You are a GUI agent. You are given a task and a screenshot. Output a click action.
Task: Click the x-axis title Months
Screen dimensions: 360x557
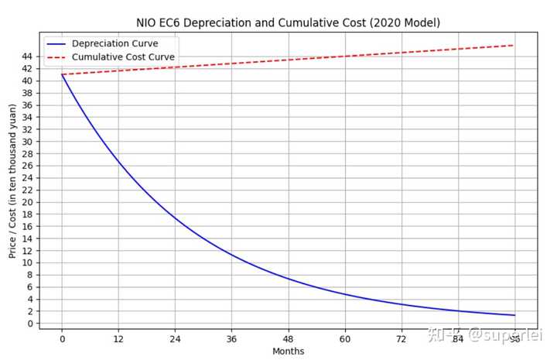click(288, 351)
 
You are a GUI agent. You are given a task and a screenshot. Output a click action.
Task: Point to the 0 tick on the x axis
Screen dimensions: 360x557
click(62, 338)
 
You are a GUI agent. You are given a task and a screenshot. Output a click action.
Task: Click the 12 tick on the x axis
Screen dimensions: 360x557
click(118, 338)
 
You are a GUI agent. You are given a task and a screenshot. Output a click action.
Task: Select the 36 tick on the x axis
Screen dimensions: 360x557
click(231, 338)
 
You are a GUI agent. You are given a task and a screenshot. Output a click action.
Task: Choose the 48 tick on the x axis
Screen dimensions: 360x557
click(288, 338)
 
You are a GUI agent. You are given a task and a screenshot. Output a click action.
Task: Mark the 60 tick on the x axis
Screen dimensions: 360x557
click(345, 338)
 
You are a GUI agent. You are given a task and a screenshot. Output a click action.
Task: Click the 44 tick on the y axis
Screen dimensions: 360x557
click(27, 57)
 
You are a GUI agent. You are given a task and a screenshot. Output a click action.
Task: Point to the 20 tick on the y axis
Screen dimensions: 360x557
click(27, 202)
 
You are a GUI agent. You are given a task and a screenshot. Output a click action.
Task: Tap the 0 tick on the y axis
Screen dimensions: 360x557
click(29, 324)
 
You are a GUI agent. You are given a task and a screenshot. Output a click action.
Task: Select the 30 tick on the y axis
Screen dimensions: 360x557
click(27, 142)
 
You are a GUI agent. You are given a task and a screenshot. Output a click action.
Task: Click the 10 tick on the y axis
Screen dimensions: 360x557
click(27, 262)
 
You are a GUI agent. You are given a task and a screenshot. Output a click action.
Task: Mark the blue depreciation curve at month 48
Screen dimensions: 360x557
click(288, 279)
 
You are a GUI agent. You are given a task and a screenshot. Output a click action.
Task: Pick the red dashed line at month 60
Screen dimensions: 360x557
click(345, 56)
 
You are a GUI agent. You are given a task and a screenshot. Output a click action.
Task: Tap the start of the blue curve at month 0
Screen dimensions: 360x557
click(62, 75)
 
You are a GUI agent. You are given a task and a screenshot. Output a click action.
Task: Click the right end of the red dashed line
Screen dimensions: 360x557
click(514, 45)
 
